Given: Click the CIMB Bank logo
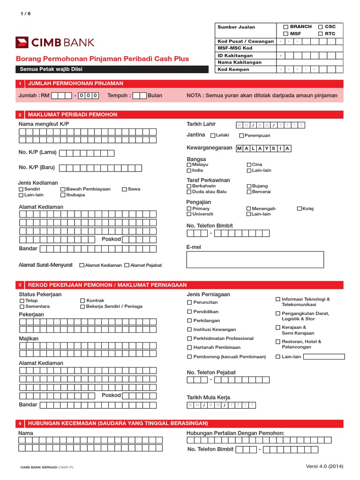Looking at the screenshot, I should click(x=55, y=43).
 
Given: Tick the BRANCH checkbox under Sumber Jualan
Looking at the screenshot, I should click(x=286, y=27).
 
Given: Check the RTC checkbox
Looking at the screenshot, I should click(x=321, y=34).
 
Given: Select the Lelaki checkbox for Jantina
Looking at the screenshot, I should click(x=213, y=136).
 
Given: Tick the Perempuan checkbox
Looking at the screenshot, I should click(x=241, y=136).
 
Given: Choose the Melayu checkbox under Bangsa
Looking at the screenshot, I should click(x=189, y=165).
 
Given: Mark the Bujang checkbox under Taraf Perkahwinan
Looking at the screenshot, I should click(x=248, y=186).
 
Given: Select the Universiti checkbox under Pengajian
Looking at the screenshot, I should click(x=189, y=214).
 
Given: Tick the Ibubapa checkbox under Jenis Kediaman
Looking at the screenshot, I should click(x=63, y=195).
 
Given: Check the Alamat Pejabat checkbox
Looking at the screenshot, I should click(x=127, y=265).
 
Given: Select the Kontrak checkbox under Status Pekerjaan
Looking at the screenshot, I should click(x=82, y=300).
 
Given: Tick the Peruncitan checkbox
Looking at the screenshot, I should click(x=189, y=303).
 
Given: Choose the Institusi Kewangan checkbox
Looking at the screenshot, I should click(x=189, y=330).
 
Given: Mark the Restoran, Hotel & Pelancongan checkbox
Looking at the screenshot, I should click(x=278, y=342).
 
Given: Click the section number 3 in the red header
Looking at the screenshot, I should click(x=20, y=285).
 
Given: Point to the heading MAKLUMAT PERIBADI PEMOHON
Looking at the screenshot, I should click(x=73, y=114).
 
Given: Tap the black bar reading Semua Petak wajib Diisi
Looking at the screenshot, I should click(x=112, y=69).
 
